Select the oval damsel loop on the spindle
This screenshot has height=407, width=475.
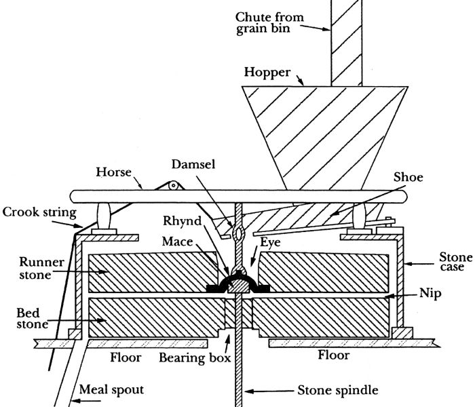point(237,233)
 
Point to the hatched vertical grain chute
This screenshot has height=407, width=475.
point(341,41)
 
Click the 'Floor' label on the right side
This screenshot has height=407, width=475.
point(332,355)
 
